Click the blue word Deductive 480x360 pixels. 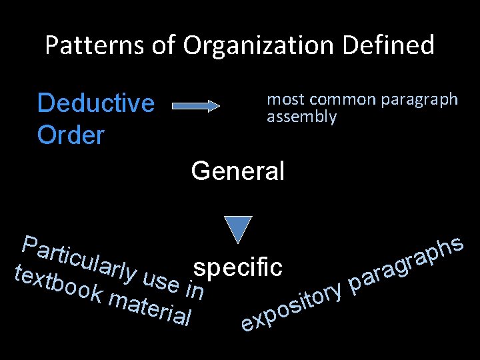[x=96, y=103]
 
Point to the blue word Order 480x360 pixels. [x=71, y=135]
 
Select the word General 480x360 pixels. [x=237, y=171]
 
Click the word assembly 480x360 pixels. [x=301, y=117]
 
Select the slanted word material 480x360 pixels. [x=150, y=309]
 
